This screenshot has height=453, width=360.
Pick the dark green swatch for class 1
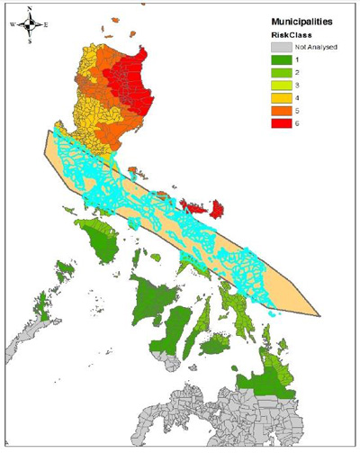pos(281,60)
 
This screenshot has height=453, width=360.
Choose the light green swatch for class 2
pos(281,74)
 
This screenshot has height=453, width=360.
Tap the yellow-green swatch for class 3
pos(281,88)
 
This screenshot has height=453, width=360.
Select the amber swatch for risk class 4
pos(281,102)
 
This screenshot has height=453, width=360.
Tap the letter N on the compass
pos(29,8)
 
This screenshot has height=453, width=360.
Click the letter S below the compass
pos(29,41)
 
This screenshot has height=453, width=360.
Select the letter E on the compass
pos(46,24)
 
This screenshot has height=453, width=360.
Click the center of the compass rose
pos(29,24)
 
